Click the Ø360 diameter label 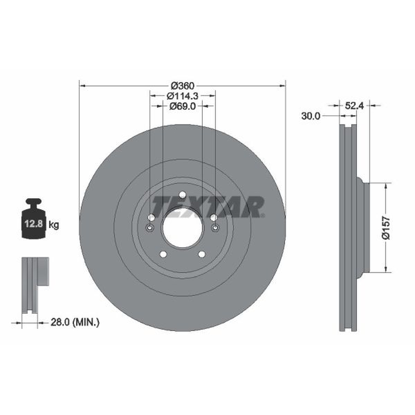coord(183,86)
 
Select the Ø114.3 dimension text coord(183,96)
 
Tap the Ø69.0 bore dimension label coord(183,106)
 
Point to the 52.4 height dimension coord(354,106)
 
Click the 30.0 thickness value coord(310,116)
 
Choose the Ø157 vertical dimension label coord(386,228)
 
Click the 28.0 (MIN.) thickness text coord(75,322)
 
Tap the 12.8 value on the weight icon coord(34,224)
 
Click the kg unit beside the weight coord(54,225)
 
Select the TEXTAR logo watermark coord(208,206)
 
